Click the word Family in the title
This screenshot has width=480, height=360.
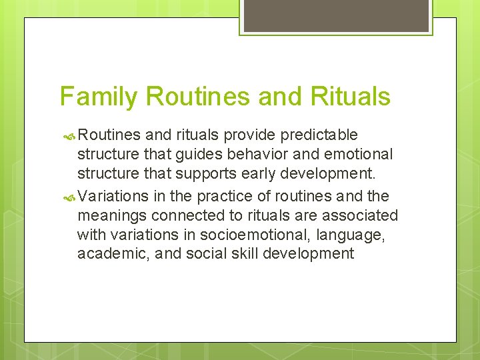point(99,97)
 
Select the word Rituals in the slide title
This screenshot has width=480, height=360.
point(349,96)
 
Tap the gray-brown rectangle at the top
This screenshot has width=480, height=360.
point(335,15)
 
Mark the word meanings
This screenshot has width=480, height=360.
point(112,216)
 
